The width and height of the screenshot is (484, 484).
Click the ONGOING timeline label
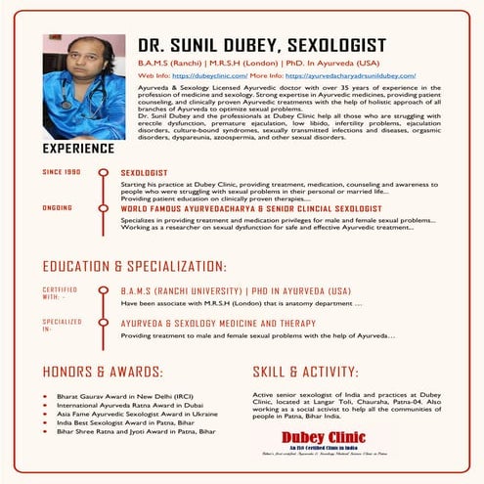pyautogui.click(x=58, y=208)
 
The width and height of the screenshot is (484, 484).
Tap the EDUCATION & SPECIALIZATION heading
pyautogui.click(x=135, y=266)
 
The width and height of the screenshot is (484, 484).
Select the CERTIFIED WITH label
pyautogui.click(x=60, y=294)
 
